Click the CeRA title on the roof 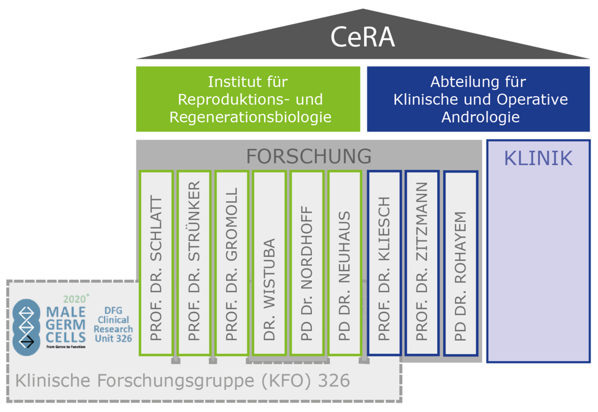click(x=362, y=38)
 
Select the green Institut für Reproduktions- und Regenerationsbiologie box click(x=248, y=99)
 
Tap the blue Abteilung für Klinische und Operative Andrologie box click(x=478, y=99)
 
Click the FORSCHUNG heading click(x=309, y=156)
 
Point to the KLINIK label click(x=538, y=159)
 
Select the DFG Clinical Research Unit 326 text click(x=114, y=324)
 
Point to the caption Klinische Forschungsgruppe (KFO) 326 click(x=182, y=381)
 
